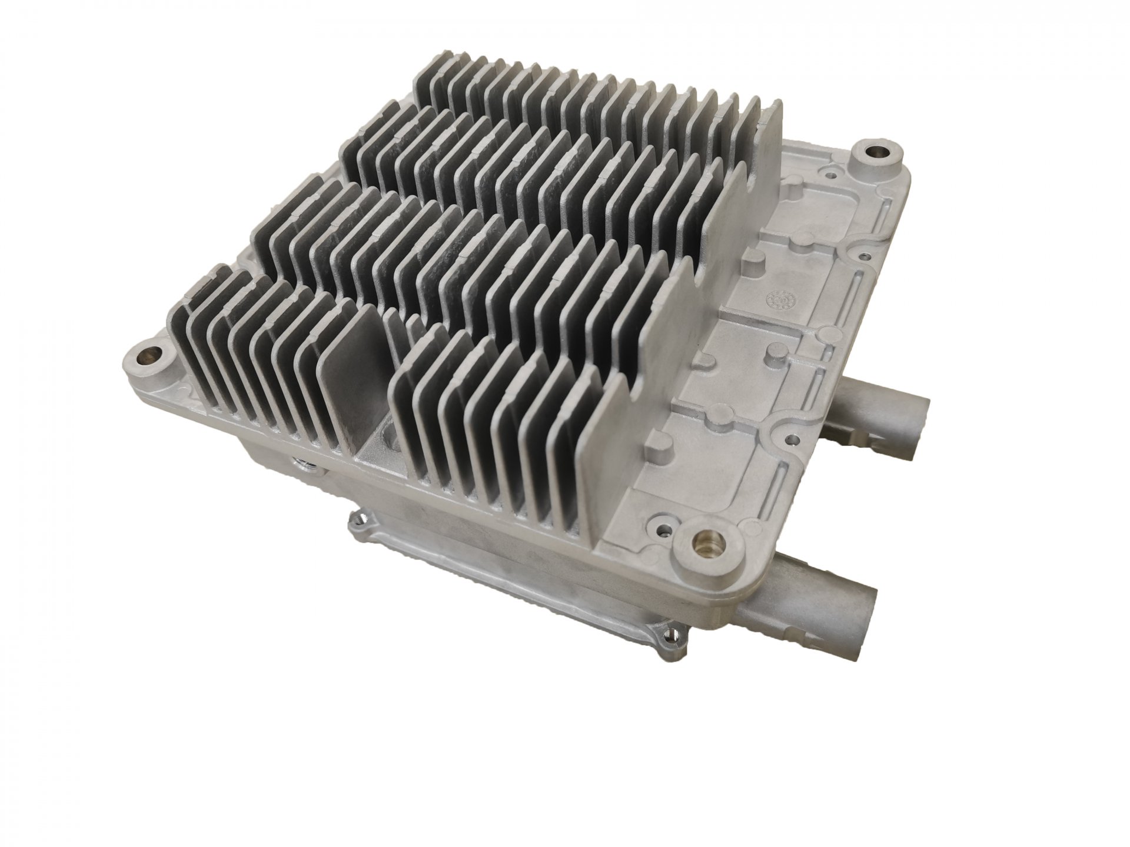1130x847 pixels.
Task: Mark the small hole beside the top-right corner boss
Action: pyautogui.click(x=830, y=174)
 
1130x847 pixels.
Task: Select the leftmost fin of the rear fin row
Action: pyautogui.click(x=424, y=94)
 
